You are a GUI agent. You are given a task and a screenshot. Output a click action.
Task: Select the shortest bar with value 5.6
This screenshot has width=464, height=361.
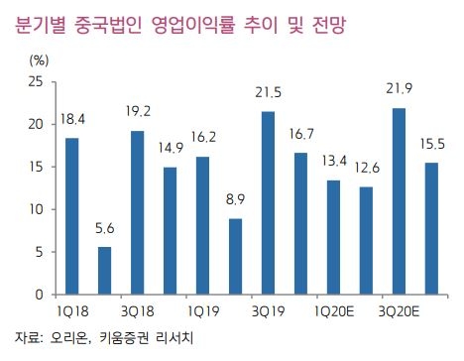point(105,271)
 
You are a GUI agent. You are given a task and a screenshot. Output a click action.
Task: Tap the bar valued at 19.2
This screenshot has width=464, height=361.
point(138,213)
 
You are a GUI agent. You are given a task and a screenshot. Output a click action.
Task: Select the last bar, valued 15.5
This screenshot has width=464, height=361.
point(430,228)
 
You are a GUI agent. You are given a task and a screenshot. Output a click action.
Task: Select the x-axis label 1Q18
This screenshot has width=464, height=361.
point(73,310)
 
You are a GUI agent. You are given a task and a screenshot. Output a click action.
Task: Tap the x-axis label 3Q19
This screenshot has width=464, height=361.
point(268,310)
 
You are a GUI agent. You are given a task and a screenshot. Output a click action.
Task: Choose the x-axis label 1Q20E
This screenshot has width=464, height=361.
point(332,310)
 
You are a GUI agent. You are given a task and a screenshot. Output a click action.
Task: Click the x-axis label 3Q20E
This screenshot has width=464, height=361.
point(398,310)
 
